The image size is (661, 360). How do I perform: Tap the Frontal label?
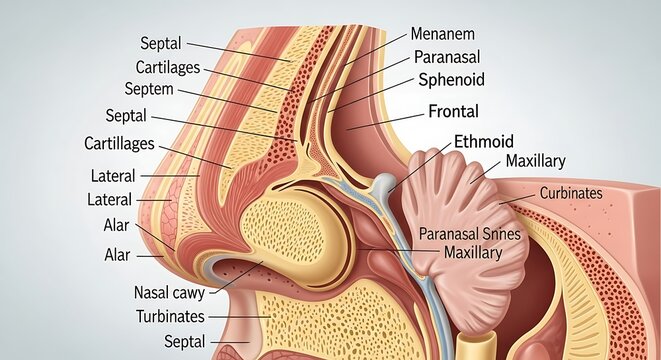[453, 112]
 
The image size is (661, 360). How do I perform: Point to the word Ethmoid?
[483, 142]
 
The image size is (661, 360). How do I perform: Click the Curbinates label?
[572, 193]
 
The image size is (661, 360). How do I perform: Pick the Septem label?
[148, 89]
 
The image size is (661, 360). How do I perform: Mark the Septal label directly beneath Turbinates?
[184, 342]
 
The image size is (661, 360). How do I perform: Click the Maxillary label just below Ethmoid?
[536, 161]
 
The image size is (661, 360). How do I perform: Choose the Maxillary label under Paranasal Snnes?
[472, 253]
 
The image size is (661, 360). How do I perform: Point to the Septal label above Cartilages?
[161, 44]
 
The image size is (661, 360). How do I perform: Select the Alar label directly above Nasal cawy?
[117, 255]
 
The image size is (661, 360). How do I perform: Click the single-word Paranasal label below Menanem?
[451, 56]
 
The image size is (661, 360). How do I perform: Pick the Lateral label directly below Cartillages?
[112, 176]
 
